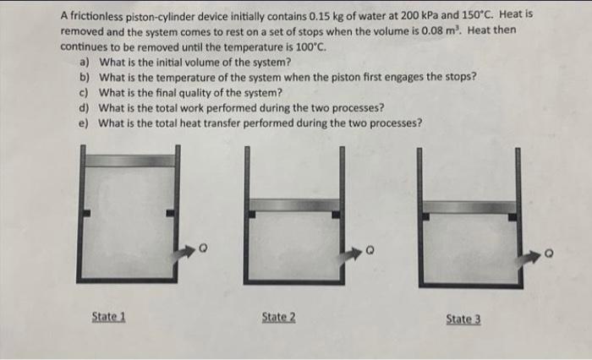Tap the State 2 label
(278, 317)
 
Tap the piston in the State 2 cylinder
(293, 205)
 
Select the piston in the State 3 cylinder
(469, 207)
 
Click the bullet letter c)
(84, 92)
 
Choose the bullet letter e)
(84, 123)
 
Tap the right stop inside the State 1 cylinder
(171, 213)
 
